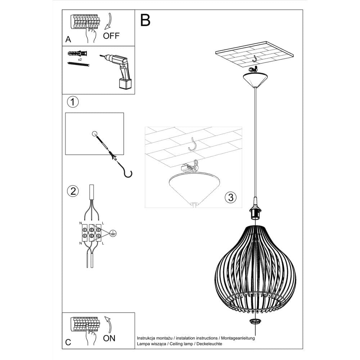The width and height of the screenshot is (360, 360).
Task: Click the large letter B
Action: tap(145, 20)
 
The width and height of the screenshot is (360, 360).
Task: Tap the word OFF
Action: tap(111, 36)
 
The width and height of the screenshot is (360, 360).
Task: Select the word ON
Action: tap(109, 338)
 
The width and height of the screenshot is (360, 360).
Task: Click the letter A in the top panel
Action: tap(68, 40)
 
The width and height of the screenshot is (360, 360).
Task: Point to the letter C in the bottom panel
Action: tap(68, 342)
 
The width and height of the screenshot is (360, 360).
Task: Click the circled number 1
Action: tap(73, 102)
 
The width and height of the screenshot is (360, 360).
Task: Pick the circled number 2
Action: tap(73, 191)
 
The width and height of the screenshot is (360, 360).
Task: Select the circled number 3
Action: tap(231, 197)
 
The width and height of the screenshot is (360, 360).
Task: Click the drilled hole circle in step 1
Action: tap(94, 134)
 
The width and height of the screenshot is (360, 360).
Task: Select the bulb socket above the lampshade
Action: tap(256, 214)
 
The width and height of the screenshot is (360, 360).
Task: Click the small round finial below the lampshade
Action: tap(256, 321)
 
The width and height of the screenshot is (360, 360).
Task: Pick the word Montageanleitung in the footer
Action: tap(238, 338)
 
